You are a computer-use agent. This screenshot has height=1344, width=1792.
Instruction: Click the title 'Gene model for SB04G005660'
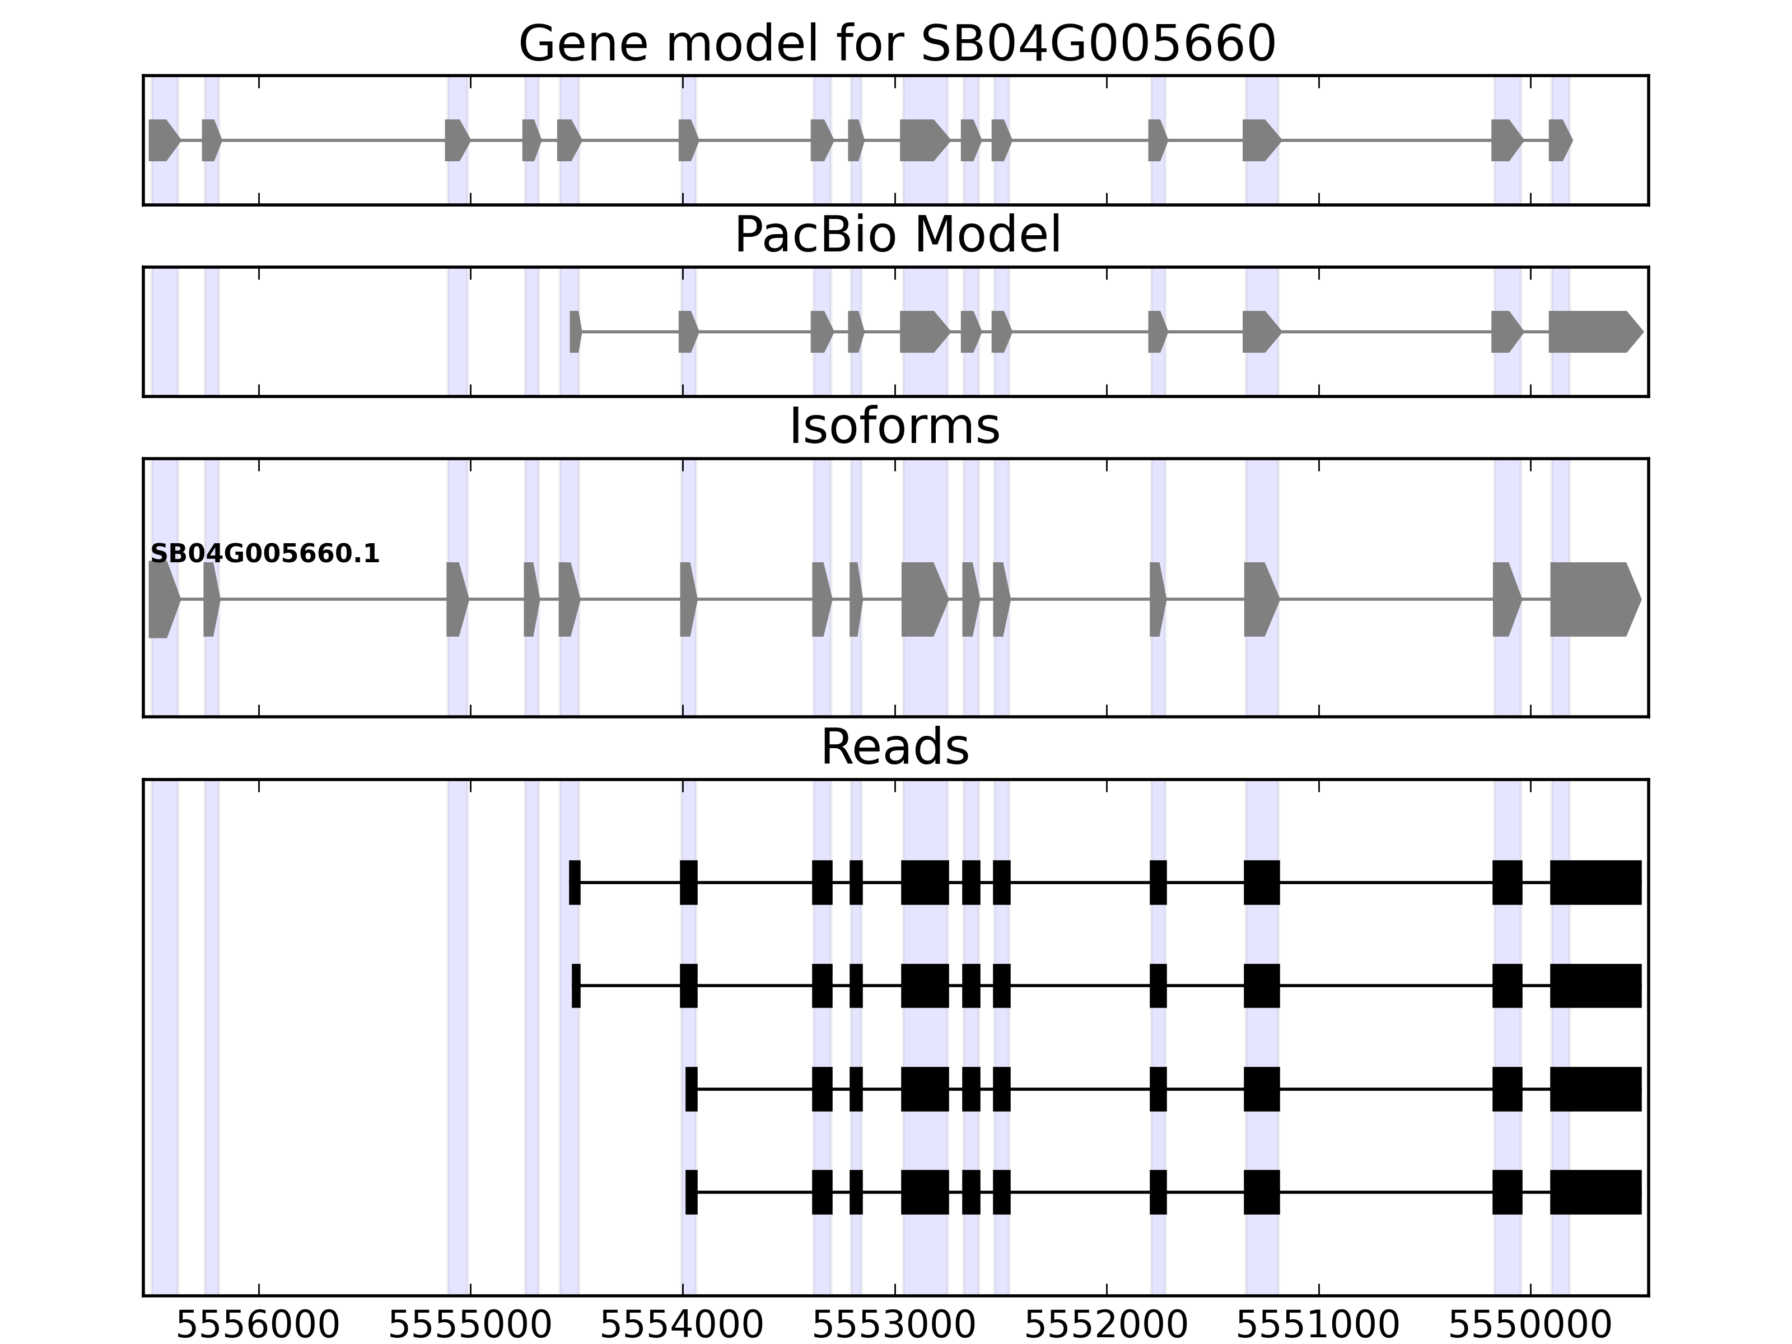pyautogui.click(x=897, y=44)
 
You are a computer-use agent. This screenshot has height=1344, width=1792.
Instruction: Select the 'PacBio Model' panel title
pyautogui.click(x=897, y=235)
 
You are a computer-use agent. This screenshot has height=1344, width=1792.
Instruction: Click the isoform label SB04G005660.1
pyautogui.click(x=265, y=554)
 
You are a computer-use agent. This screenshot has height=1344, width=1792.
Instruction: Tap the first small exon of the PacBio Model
pyautogui.click(x=575, y=332)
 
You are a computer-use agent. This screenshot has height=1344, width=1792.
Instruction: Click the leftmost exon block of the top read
pyautogui.click(x=575, y=882)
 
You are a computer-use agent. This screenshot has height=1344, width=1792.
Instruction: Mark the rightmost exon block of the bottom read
pyautogui.click(x=1595, y=1192)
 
